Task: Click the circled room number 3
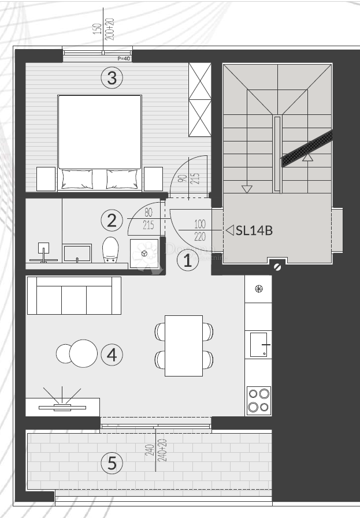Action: pos(112,77)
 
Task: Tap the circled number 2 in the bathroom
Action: pos(112,220)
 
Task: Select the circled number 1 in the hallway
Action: pos(187,260)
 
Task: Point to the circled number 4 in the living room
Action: pos(112,355)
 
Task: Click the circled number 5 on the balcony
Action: pos(112,463)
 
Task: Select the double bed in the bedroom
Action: pos(100,142)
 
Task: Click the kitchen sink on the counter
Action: pos(258,345)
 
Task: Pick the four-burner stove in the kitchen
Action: pos(258,400)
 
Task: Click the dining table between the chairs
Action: pos(184,345)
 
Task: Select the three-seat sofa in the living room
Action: pos(74,295)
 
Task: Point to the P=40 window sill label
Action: pos(124,58)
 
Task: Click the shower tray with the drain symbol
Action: pos(144,253)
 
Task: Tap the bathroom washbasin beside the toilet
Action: pos(77,254)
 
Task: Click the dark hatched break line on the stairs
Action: pos(307,148)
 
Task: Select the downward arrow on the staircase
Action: pos(247,189)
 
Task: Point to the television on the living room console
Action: pos(62,407)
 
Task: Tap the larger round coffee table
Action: pos(83,353)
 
